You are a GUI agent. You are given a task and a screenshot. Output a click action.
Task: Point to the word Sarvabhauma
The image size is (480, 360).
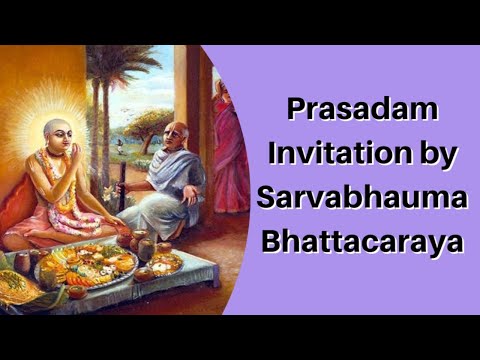tap(361, 197)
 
